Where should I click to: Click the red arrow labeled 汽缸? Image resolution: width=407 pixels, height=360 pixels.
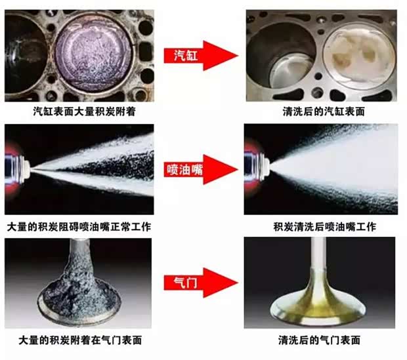tap(201, 56)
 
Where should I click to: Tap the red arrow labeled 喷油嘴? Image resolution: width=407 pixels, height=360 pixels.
tap(201, 170)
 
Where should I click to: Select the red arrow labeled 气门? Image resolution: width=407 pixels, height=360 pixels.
tap(201, 283)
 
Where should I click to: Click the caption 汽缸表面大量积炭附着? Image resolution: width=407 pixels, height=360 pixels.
tap(85, 111)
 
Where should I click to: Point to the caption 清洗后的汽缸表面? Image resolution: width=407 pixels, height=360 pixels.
tap(324, 111)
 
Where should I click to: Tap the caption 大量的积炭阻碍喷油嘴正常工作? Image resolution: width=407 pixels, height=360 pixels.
tap(79, 227)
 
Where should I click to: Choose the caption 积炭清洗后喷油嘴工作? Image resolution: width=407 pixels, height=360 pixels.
tap(325, 227)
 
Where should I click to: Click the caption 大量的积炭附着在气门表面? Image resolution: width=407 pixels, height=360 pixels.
tap(80, 340)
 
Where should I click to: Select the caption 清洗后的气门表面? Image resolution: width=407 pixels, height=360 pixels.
tap(319, 340)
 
